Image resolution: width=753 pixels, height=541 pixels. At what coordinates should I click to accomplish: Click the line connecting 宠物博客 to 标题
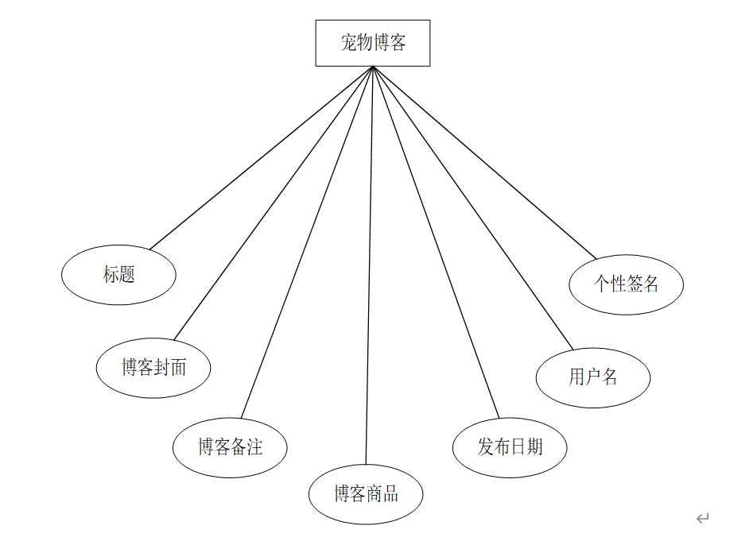262,158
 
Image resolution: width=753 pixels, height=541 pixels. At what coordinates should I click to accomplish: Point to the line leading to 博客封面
274,203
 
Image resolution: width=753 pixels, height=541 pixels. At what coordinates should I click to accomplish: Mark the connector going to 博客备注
307,242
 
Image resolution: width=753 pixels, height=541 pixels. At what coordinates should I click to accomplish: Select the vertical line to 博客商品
369,265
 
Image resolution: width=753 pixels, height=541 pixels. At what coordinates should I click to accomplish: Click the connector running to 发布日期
436,242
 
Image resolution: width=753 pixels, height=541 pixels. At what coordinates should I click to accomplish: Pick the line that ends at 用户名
473,208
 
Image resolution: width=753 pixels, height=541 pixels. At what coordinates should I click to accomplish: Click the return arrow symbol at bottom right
703,518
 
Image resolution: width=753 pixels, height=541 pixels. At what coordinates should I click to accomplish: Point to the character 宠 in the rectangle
348,43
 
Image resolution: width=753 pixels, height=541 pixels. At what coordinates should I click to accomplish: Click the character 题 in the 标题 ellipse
126,274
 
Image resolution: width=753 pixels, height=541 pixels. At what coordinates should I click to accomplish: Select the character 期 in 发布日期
534,447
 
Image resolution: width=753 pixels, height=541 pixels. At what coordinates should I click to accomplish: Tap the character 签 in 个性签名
635,284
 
